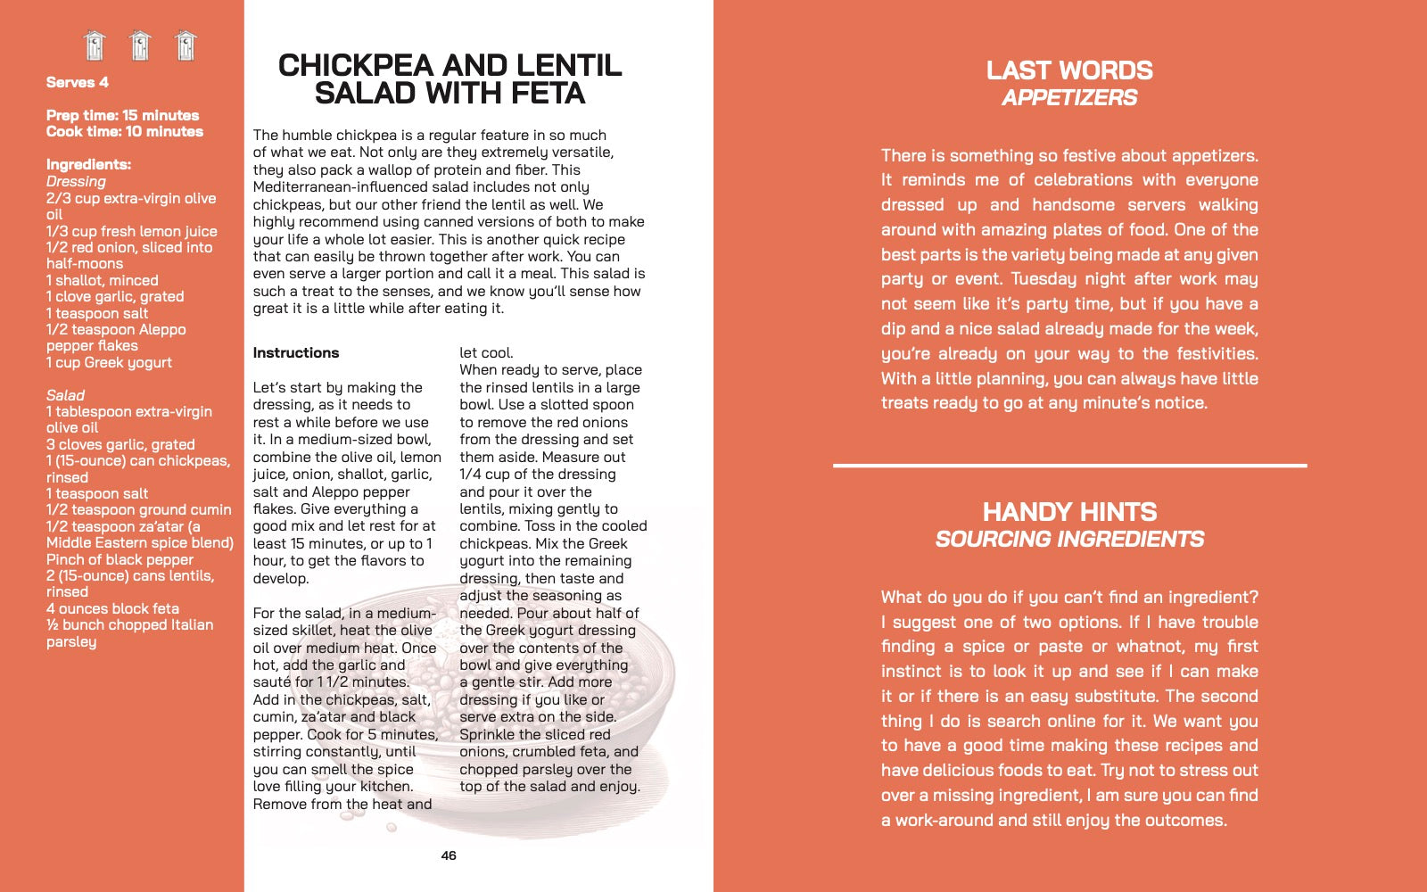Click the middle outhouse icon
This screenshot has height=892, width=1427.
click(140, 45)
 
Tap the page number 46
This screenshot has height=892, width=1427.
click(449, 855)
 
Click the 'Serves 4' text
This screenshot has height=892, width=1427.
click(78, 82)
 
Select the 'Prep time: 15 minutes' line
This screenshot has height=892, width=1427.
click(122, 115)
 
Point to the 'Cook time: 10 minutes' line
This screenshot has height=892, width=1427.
click(124, 131)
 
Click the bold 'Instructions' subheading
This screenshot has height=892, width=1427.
click(296, 352)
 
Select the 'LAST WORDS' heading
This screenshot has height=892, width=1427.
click(1069, 70)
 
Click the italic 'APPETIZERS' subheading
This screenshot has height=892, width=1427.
click(1069, 98)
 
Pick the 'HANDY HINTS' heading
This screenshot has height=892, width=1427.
click(1069, 512)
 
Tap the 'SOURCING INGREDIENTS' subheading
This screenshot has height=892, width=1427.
click(1069, 540)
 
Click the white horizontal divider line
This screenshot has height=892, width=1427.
click(1069, 465)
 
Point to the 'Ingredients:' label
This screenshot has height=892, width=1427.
click(88, 164)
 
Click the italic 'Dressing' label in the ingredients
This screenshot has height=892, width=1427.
click(76, 181)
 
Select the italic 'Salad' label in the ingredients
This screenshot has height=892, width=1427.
click(65, 395)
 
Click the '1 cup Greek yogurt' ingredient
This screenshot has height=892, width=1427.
click(109, 362)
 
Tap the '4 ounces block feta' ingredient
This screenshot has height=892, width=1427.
click(112, 608)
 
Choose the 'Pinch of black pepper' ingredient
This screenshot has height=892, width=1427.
click(120, 559)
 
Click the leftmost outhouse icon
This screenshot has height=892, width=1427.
click(95, 45)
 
